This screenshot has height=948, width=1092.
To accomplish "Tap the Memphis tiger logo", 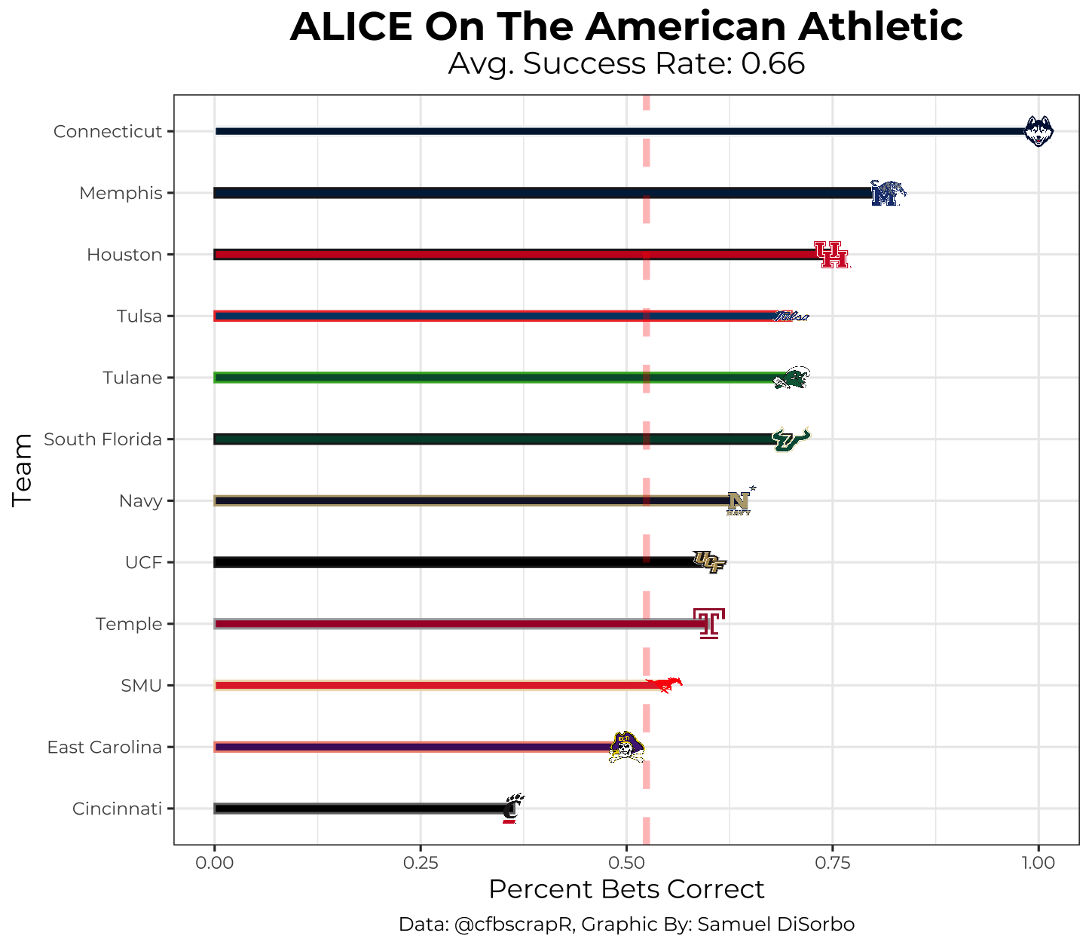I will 887,194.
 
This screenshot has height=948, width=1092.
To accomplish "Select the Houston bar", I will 512,255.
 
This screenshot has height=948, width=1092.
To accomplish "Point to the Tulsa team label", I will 139,317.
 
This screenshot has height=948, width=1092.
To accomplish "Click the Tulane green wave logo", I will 791,378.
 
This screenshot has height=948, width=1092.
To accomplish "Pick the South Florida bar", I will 490,439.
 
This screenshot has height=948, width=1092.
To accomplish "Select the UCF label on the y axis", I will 144,562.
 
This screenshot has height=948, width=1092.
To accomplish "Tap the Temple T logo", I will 708,623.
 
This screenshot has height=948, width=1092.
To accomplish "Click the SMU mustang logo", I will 665,684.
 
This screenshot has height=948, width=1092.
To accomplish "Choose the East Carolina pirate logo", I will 626,747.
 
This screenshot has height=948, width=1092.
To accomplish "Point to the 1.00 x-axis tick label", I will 1038,862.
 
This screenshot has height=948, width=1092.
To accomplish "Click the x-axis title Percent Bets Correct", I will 626,889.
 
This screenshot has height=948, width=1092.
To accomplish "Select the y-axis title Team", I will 23,469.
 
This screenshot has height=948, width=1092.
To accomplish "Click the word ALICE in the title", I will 350,27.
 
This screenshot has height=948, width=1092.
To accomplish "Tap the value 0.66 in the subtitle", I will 772,64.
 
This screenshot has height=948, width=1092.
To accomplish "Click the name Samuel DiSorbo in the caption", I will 775,925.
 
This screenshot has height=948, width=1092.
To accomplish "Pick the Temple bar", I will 460,624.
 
